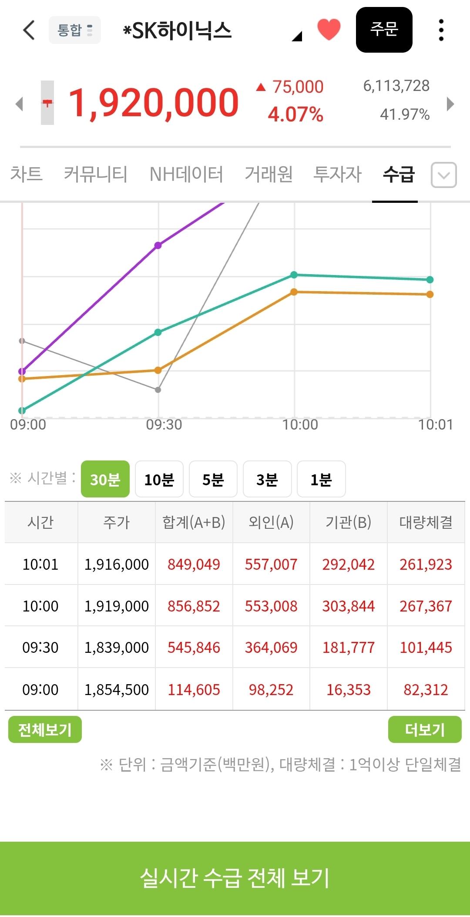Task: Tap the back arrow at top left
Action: [29, 30]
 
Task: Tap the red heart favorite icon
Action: [329, 30]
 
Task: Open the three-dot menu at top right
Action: [441, 30]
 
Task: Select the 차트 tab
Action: [26, 174]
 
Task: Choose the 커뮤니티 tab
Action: [96, 174]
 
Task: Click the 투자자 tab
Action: [338, 174]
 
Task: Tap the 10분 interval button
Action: [159, 479]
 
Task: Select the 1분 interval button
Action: [321, 479]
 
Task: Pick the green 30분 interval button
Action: [105, 479]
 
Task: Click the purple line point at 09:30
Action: [158, 245]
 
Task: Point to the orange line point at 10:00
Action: [294, 292]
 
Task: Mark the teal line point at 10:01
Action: [430, 279]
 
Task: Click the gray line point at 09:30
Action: [158, 390]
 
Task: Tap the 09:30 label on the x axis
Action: [164, 425]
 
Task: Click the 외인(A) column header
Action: [271, 522]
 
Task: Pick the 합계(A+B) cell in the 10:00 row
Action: [194, 606]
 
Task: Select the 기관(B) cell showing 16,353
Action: [349, 690]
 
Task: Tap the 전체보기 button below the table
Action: [45, 729]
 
